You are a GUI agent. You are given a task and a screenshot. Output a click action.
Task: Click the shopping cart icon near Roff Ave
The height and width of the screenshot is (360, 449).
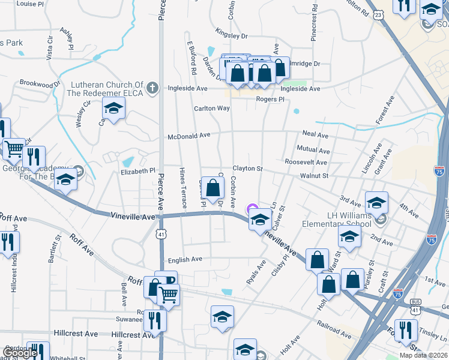[169, 295]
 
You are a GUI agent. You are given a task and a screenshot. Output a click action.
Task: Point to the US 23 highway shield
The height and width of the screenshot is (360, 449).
[378, 14]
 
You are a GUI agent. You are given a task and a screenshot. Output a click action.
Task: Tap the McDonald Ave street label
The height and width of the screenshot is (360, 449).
[189, 136]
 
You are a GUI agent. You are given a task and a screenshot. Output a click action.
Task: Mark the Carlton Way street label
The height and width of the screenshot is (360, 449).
[211, 109]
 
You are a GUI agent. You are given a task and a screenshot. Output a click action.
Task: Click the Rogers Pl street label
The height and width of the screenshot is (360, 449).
[270, 99]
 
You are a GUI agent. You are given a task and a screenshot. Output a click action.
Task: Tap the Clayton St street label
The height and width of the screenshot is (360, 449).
[248, 169]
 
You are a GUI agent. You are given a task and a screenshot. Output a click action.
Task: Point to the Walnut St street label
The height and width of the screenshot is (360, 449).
[315, 176]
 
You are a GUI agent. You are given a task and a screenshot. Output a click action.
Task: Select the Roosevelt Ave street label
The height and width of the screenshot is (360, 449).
[306, 163]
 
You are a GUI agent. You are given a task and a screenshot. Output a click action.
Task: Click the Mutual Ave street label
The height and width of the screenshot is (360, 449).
[313, 151]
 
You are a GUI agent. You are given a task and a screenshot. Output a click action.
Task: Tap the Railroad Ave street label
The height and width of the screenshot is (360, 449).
[334, 329]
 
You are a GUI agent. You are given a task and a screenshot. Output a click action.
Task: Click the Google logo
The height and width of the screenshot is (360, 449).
[20, 353]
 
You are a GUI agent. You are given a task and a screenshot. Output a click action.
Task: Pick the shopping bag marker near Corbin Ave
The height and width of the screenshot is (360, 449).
[213, 188]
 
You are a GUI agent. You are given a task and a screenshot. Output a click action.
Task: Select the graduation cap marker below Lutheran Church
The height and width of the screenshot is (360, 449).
[112, 110]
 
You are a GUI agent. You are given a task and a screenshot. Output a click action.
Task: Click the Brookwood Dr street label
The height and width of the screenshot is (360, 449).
[40, 83]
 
